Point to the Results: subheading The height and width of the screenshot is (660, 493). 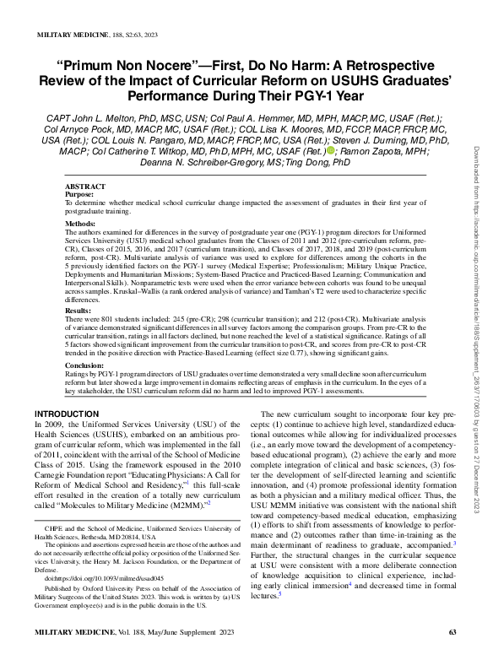tap(79, 311)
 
